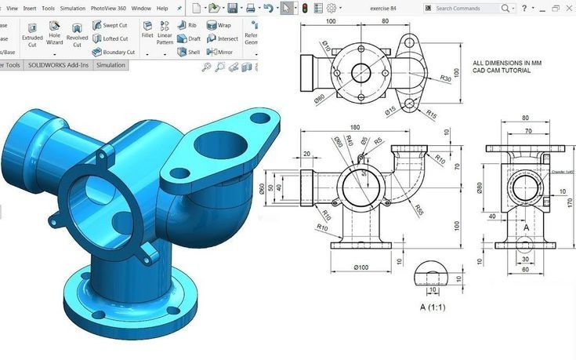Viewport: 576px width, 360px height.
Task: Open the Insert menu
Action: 30,8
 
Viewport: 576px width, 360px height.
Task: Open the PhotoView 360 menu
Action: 107,8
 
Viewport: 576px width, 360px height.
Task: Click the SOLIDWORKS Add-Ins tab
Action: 60,65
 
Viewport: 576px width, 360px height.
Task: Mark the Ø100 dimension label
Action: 360,267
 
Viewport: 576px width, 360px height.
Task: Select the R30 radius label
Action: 445,78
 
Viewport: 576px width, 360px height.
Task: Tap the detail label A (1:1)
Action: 433,307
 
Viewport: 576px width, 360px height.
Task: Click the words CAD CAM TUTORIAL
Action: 502,70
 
